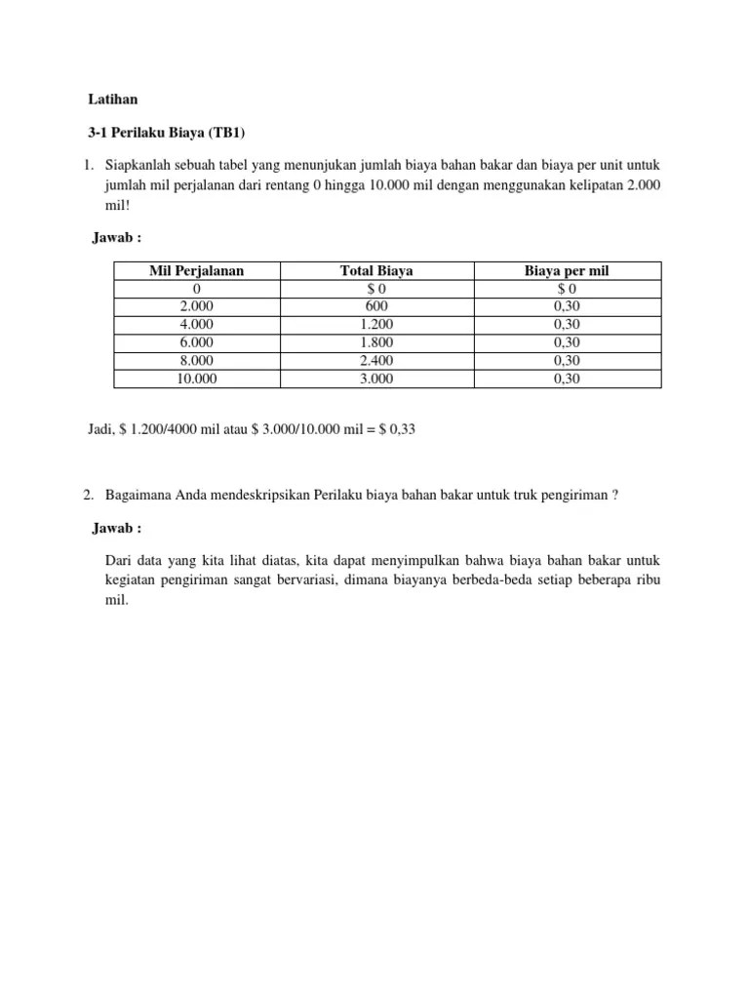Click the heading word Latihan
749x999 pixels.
(112, 100)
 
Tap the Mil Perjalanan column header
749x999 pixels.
(197, 270)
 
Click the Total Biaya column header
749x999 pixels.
(376, 270)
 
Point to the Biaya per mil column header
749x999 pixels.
(567, 270)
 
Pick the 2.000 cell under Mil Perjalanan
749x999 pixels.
(197, 306)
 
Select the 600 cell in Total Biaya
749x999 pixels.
(376, 306)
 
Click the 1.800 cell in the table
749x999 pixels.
(376, 342)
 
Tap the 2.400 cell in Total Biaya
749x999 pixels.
(376, 360)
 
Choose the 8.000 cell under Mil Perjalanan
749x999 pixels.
(197, 360)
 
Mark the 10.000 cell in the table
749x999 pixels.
(197, 379)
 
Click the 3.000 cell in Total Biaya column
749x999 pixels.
(376, 379)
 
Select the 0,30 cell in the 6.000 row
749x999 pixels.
(567, 342)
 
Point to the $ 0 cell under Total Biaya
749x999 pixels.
(376, 289)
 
